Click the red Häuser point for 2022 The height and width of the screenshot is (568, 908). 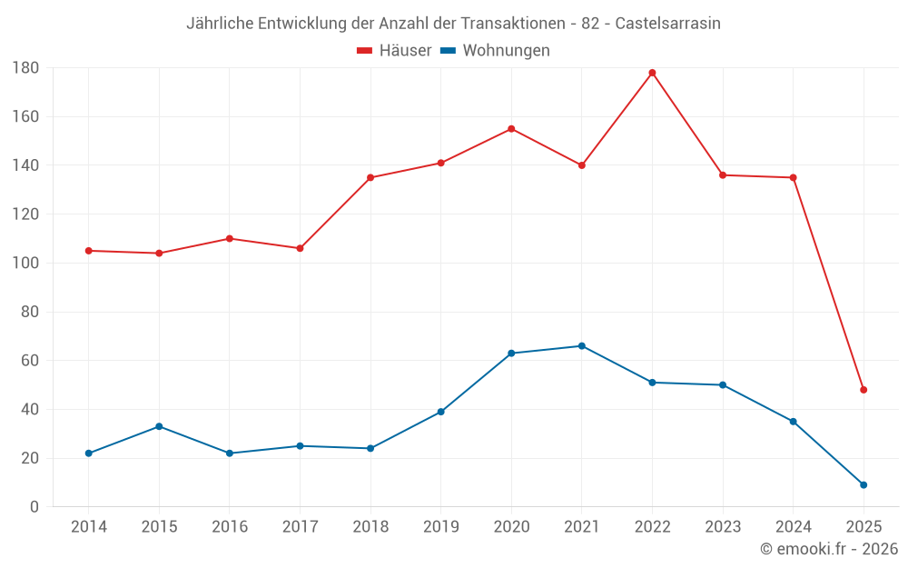pyautogui.click(x=652, y=73)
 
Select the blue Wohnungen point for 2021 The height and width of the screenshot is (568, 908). pyautogui.click(x=582, y=346)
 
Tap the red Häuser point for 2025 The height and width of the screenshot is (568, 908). pyautogui.click(x=864, y=390)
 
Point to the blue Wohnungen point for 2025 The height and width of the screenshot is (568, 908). pyautogui.click(x=864, y=484)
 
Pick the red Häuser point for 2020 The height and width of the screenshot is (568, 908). pyautogui.click(x=511, y=129)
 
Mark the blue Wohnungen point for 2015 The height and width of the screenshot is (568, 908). pyautogui.click(x=159, y=426)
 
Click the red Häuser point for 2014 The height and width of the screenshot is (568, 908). pyautogui.click(x=88, y=251)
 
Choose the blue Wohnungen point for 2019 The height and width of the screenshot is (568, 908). pyautogui.click(x=440, y=412)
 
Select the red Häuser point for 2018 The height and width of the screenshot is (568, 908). pyautogui.click(x=370, y=177)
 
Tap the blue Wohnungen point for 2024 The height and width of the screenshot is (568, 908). pyautogui.click(x=793, y=422)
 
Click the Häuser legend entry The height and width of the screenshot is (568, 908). pyautogui.click(x=394, y=51)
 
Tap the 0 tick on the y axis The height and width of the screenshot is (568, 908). pyautogui.click(x=35, y=507)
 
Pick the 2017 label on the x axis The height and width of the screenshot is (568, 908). pyautogui.click(x=300, y=527)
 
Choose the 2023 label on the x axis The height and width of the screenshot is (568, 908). pyautogui.click(x=723, y=527)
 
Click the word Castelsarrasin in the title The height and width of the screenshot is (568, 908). pyautogui.click(x=667, y=24)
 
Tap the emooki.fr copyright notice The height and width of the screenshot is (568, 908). pyautogui.click(x=829, y=549)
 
